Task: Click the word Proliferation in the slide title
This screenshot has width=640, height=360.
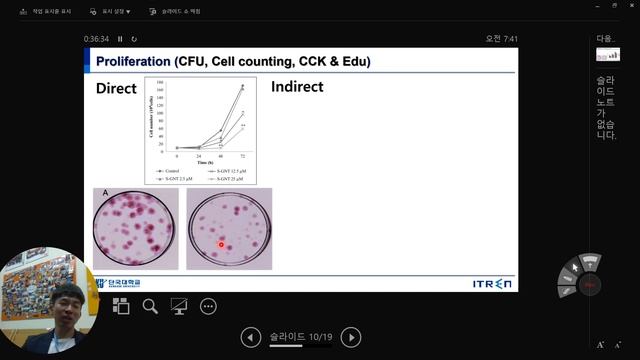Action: point(133,62)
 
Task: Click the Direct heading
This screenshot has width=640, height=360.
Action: point(116,88)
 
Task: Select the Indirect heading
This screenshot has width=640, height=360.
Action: point(297,87)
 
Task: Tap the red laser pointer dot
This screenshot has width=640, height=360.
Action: point(221,243)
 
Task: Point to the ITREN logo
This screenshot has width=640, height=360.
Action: point(492,284)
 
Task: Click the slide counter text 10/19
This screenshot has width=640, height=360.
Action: point(320,338)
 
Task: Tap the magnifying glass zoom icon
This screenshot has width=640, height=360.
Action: point(150,306)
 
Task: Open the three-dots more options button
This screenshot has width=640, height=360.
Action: point(209,306)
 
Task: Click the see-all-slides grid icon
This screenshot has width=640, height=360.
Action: point(121,306)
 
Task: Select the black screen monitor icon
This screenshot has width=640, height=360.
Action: point(180,306)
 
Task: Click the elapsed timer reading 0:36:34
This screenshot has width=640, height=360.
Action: point(97,39)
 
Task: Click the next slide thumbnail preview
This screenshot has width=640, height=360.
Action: point(607,54)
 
